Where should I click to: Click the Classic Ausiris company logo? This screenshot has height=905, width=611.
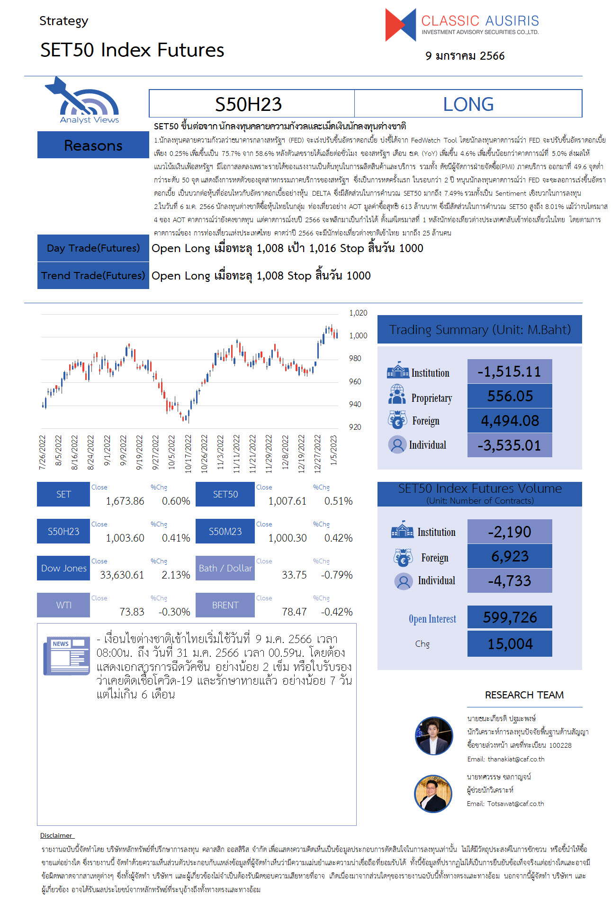pyautogui.click(x=462, y=24)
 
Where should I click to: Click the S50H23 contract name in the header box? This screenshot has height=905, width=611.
pyautogui.click(x=249, y=104)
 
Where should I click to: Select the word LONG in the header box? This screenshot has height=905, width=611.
pyautogui.click(x=468, y=104)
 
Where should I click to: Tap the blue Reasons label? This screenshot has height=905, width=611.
pyautogui.click(x=93, y=145)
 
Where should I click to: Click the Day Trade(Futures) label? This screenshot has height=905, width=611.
pyautogui.click(x=93, y=248)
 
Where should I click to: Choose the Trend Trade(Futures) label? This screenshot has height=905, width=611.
pyautogui.click(x=93, y=275)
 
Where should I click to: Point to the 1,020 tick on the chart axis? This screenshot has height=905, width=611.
pyautogui.click(x=358, y=313)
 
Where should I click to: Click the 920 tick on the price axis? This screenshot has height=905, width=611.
pyautogui.click(x=355, y=427)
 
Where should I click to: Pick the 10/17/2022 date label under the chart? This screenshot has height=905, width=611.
pyautogui.click(x=188, y=454)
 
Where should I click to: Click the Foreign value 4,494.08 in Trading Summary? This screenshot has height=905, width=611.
pyautogui.click(x=510, y=421)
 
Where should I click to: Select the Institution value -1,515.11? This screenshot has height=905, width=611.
pyautogui.click(x=509, y=371)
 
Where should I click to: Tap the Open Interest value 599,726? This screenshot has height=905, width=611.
pyautogui.click(x=510, y=617)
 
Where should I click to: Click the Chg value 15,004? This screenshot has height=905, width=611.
pyautogui.click(x=510, y=644)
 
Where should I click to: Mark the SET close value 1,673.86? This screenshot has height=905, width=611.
pyautogui.click(x=125, y=501)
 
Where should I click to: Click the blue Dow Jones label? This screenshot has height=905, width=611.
pyautogui.click(x=63, y=568)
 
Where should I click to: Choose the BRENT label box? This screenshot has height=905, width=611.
pyautogui.click(x=225, y=605)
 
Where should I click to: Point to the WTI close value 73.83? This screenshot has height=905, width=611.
pyautogui.click(x=132, y=612)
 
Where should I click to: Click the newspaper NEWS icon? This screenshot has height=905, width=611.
pyautogui.click(x=67, y=656)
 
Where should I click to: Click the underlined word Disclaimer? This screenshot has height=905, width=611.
pyautogui.click(x=56, y=835)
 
